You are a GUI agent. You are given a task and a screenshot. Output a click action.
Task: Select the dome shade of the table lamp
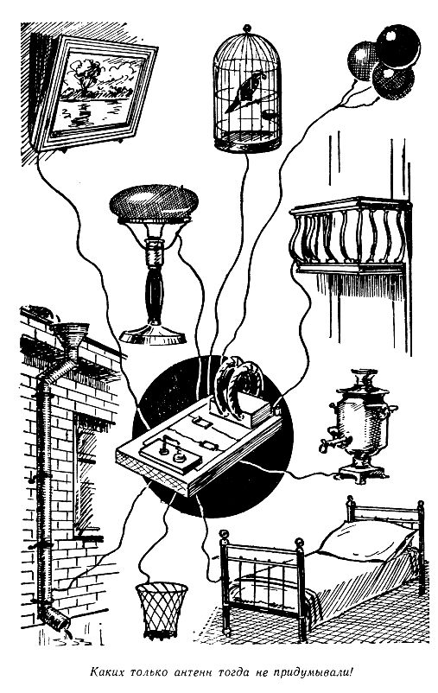(x=154, y=203)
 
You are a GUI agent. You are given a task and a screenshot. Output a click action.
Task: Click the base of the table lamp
(x=154, y=335)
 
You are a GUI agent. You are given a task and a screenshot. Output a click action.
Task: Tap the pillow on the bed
(x=367, y=540)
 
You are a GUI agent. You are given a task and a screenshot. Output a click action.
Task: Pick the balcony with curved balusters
(x=350, y=236)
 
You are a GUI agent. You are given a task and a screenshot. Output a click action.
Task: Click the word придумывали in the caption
(x=313, y=672)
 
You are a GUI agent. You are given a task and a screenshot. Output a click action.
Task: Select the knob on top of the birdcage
(x=247, y=29)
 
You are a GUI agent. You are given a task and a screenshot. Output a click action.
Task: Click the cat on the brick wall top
(x=43, y=312)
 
